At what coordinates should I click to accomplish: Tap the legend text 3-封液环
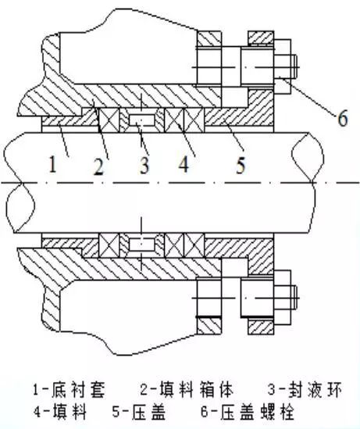coord(283,388)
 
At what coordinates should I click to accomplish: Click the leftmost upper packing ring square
coord(109,121)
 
